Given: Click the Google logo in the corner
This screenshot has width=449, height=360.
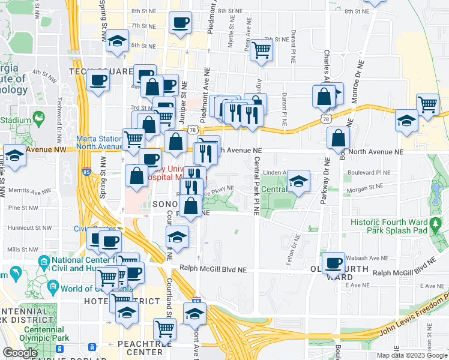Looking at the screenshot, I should click(20, 353).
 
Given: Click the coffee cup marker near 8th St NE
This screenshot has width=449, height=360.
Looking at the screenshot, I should click(181, 24).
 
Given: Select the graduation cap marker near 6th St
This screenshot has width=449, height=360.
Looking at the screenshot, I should click(118, 41).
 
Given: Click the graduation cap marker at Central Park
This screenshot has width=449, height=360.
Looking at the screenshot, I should click(298, 181).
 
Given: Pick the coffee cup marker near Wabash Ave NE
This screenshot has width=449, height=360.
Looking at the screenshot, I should click(333, 262).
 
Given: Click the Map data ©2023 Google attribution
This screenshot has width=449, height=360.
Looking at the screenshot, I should click(412, 355).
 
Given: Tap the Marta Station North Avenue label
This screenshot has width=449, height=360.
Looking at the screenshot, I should click(99, 142).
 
